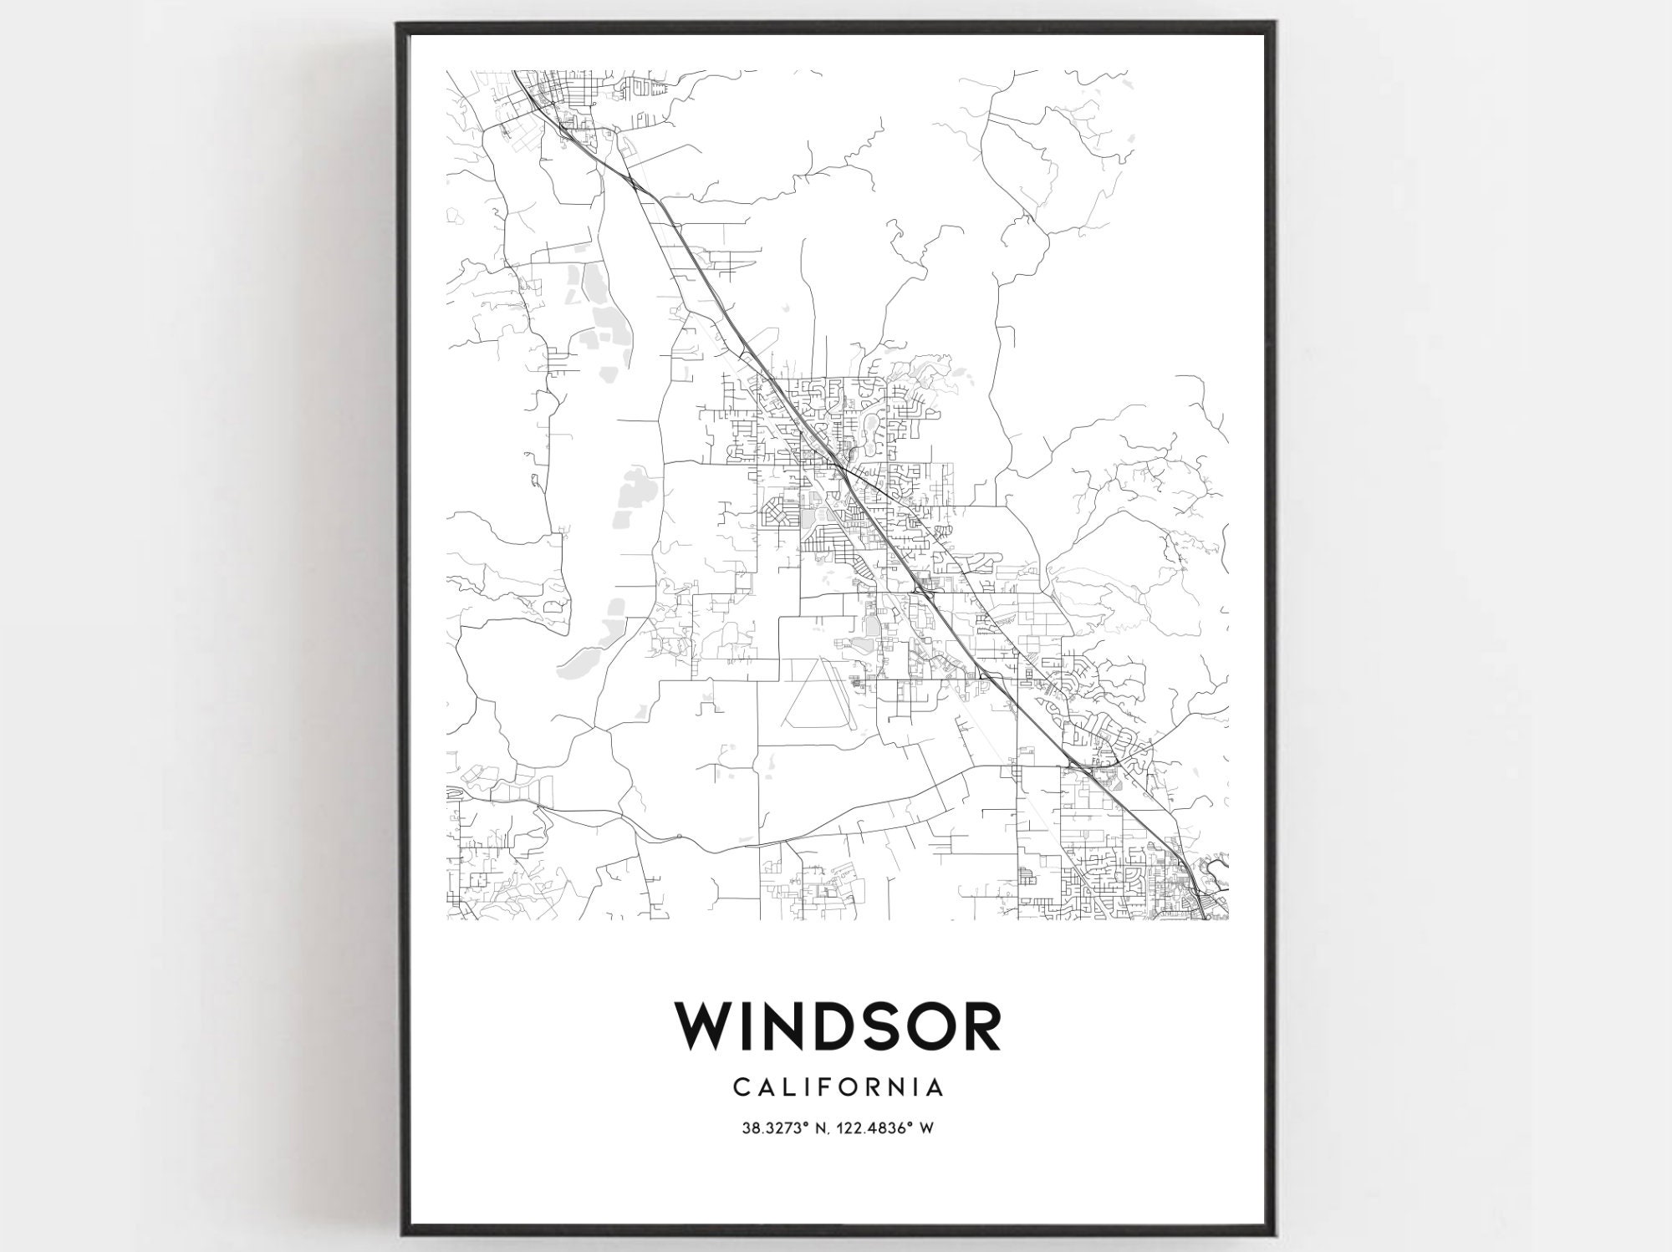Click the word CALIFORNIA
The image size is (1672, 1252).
[x=839, y=1087]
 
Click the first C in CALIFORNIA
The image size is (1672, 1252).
[x=741, y=1087]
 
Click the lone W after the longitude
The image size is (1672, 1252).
[x=926, y=1128]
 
